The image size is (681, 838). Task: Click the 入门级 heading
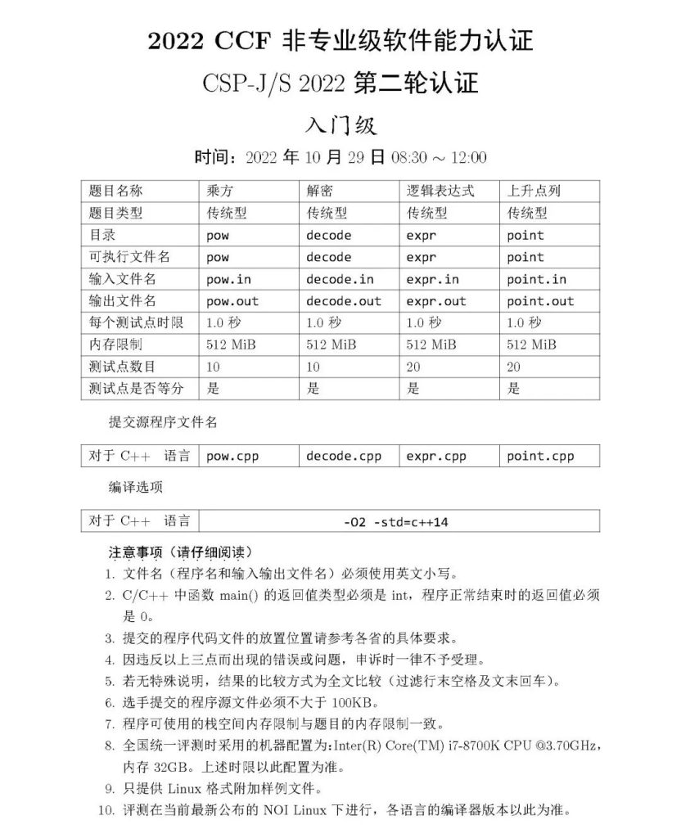[340, 125]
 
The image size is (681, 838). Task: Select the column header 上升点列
[534, 191]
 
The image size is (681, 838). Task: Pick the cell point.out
[540, 301]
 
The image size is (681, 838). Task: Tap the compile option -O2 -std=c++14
[396, 521]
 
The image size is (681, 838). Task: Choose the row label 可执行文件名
[129, 257]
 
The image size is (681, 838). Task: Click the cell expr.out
[435, 301]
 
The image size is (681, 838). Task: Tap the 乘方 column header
[221, 191]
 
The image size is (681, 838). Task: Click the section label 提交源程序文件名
[164, 422]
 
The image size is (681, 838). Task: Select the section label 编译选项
[136, 488]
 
